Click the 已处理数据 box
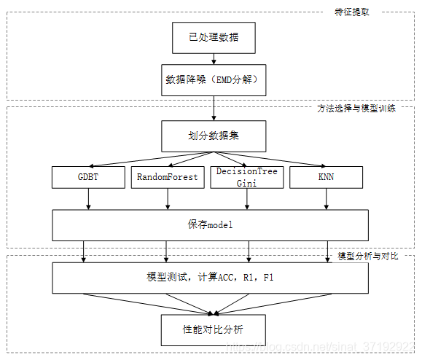click(214, 38)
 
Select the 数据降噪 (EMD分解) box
click(214, 80)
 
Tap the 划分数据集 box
click(214, 136)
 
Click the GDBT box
click(88, 177)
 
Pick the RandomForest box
click(168, 177)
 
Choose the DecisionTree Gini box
click(247, 177)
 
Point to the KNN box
click(327, 177)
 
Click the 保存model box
click(210, 225)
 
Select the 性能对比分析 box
click(214, 330)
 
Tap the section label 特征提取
click(352, 12)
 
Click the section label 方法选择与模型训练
click(356, 109)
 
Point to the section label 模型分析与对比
click(368, 256)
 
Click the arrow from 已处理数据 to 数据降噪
click(214, 59)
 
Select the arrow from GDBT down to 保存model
click(88, 199)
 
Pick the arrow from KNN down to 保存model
click(327, 199)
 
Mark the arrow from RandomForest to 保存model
click(168, 199)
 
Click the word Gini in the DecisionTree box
click(246, 183)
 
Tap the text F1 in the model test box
click(268, 278)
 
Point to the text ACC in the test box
click(225, 278)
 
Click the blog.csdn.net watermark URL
click(320, 347)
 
